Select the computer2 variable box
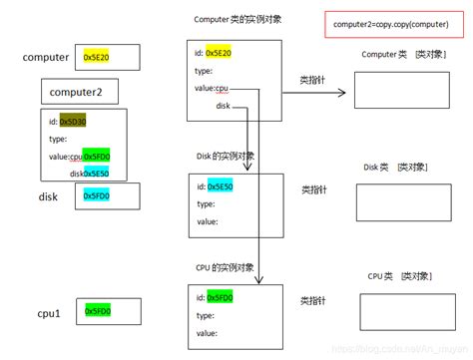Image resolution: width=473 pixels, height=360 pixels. coord(80,94)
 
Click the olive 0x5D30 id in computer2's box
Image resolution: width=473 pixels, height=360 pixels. coord(73,121)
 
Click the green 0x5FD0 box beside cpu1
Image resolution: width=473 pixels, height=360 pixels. coord(98,312)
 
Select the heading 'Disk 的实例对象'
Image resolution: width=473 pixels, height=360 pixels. coord(226,156)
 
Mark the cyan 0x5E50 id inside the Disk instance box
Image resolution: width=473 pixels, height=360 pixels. coord(222,186)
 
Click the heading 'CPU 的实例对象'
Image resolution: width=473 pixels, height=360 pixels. coord(226,267)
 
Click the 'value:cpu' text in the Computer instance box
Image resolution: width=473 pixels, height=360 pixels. coord(218,89)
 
